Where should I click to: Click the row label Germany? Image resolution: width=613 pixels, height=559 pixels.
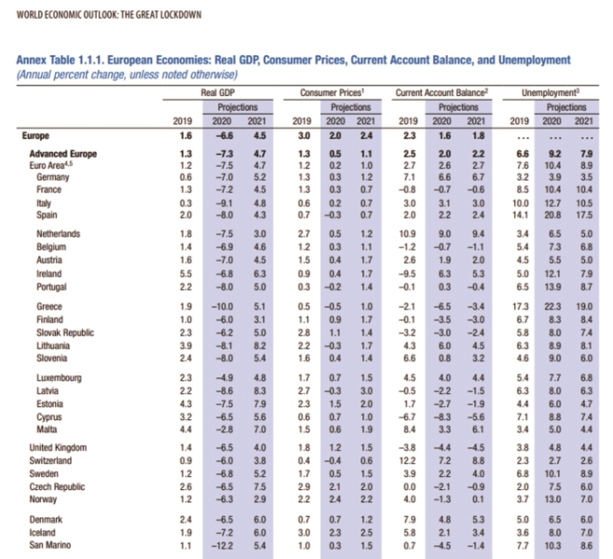(x=53, y=177)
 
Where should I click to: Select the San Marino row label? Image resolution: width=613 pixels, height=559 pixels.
(x=50, y=545)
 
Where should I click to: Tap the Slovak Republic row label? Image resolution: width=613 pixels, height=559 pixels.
(x=65, y=333)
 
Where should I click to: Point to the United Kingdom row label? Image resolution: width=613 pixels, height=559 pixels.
(x=58, y=447)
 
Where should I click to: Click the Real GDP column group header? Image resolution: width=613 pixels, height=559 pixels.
(x=218, y=92)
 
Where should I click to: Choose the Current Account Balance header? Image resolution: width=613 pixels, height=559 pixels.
(x=442, y=92)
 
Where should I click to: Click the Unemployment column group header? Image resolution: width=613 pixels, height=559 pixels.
(x=550, y=92)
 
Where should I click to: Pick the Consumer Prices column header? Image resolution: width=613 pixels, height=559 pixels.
(x=332, y=92)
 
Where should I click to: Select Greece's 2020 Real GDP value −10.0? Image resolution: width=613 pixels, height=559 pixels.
(x=222, y=307)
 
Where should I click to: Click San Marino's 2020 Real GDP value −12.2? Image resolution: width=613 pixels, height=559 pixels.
(x=222, y=545)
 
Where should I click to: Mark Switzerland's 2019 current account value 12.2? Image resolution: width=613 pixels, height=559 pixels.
(x=407, y=461)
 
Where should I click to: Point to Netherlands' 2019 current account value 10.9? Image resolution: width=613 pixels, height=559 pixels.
(x=407, y=234)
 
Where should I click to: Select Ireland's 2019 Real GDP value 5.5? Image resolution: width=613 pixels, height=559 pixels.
(x=185, y=274)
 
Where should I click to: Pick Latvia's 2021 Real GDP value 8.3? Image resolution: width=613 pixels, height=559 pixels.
(x=260, y=391)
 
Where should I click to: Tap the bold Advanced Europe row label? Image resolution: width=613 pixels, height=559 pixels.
(x=63, y=154)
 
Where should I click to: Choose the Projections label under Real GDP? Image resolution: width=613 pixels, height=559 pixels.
(x=238, y=107)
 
